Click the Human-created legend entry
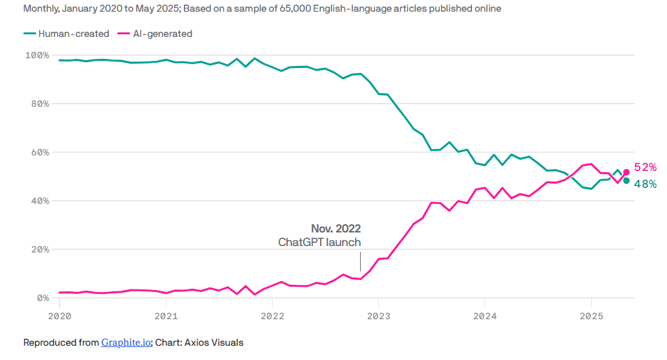66,34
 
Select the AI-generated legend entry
155,34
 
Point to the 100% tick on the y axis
36,55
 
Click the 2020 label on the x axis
60,316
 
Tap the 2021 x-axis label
166,316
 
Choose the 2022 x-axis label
273,316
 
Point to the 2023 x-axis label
379,316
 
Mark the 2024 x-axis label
485,316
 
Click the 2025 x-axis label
591,316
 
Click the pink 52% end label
646,168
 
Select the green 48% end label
646,184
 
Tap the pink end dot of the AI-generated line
626,172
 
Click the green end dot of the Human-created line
626,181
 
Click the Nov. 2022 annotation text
335,229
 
